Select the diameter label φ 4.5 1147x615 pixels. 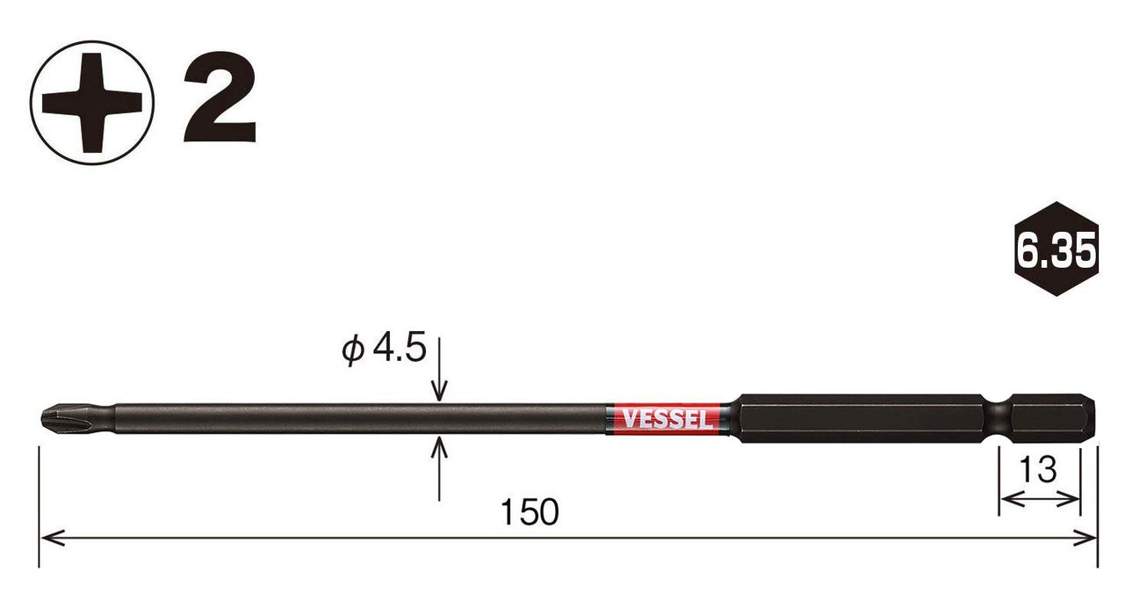(384, 349)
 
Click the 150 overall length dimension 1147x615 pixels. (531, 512)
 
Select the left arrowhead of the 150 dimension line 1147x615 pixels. (48, 536)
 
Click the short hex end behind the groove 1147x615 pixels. (1054, 418)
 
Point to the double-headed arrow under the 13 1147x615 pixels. (1039, 499)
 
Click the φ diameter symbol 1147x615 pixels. (352, 350)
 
